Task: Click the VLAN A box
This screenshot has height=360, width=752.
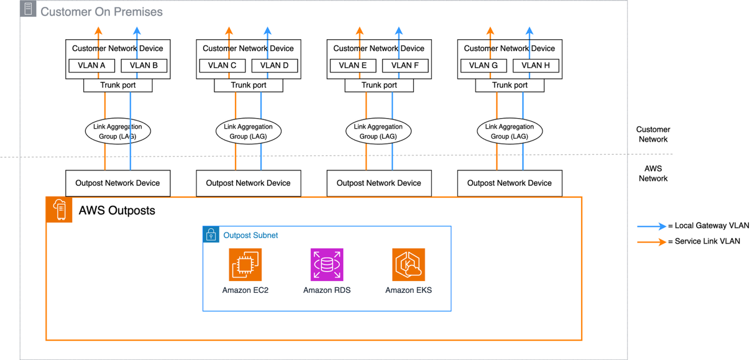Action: [x=91, y=65]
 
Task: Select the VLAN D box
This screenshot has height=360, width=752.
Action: [x=274, y=65]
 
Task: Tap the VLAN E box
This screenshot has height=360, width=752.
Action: [x=352, y=65]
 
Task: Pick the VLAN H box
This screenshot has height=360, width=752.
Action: [x=535, y=65]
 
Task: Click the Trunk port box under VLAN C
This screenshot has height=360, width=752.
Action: [x=249, y=85]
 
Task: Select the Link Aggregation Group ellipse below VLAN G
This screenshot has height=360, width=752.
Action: [x=510, y=131]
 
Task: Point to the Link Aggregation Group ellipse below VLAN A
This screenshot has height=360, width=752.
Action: [x=117, y=131]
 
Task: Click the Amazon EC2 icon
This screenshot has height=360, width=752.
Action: [x=245, y=265]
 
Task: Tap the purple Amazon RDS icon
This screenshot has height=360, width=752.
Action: [x=327, y=265]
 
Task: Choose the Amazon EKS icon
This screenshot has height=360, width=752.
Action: [x=408, y=265]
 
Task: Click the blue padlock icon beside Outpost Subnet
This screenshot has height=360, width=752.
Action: [x=211, y=234]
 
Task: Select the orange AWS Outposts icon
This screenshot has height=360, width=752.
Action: [x=59, y=210]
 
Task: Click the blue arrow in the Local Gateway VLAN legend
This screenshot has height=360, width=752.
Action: [x=651, y=226]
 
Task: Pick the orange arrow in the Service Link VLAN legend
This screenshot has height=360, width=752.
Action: [x=651, y=241]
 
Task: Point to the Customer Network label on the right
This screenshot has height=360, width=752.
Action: [x=653, y=134]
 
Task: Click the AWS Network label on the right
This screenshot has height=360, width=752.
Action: [x=653, y=173]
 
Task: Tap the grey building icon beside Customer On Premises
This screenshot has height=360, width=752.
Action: [x=28, y=9]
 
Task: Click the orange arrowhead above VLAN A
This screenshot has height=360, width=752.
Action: [x=98, y=30]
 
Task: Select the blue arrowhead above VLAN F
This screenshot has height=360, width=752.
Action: [x=399, y=30]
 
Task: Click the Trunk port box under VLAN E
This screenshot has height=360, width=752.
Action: [x=379, y=85]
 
